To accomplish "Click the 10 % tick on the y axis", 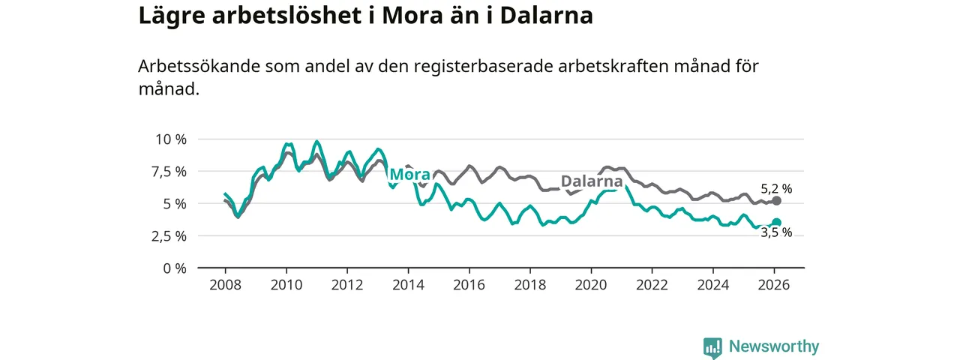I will pos(170,139).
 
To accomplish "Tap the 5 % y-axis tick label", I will pos(174,204).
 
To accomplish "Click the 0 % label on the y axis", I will pos(174,268).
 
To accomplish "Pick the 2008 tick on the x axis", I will pos(225,285).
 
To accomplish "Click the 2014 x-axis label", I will pos(408,285).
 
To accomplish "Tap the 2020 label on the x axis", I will pos(591,285).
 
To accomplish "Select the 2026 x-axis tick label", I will pos(774,285).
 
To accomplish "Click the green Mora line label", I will pos(409,175).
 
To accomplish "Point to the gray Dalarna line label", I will pos(592,181).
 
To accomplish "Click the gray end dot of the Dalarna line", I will pos(777,200).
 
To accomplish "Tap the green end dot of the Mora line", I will pos(777,223).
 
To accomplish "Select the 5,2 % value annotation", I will pos(776,189).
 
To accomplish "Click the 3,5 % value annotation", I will pos(776,233).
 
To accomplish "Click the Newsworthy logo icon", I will pos(712,347).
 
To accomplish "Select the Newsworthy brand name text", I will pos(774,346).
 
